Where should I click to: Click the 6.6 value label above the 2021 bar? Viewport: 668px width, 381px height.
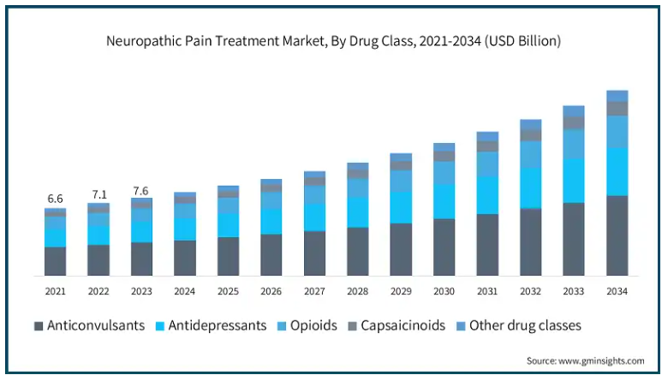(56, 199)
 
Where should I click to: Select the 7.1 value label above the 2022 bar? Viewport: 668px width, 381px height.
(98, 193)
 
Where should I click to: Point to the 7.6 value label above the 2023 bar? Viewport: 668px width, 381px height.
(141, 190)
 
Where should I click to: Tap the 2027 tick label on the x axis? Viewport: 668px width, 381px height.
(314, 292)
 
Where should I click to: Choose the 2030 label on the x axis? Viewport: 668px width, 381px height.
(444, 292)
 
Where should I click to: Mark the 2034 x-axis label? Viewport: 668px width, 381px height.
(617, 292)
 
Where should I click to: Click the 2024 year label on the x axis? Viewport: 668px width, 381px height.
(185, 292)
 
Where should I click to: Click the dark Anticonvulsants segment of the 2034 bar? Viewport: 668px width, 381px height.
(617, 235)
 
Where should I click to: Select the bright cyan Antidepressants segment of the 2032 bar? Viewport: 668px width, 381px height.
(530, 188)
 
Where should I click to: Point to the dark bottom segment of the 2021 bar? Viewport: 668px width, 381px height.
(56, 261)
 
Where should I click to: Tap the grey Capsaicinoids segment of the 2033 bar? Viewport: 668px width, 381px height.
(573, 122)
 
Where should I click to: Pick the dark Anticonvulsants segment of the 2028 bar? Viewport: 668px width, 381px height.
(357, 251)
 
